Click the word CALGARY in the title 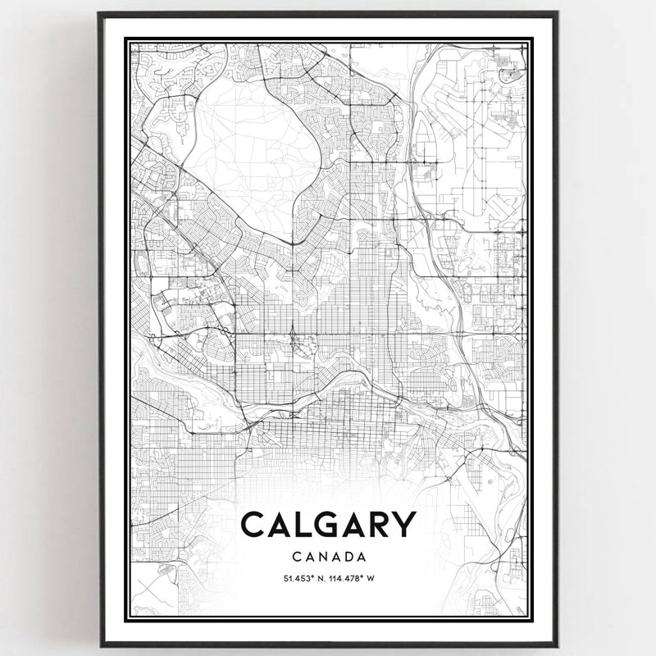328,526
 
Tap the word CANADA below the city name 328,556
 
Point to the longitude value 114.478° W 353,578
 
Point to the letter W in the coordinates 371,578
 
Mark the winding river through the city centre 328,385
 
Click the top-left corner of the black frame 99,13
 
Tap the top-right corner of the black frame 557,13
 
